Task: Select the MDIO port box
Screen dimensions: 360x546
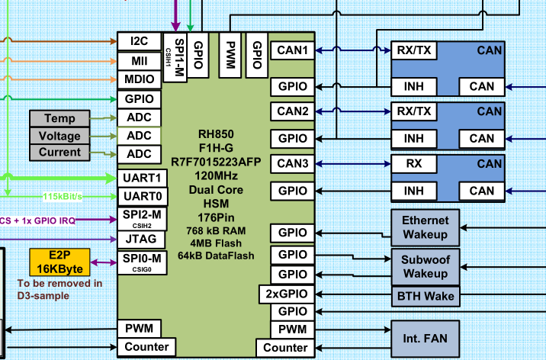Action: [x=138, y=79]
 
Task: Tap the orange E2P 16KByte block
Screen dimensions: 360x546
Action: [x=59, y=262]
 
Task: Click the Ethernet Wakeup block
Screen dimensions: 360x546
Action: [x=426, y=227]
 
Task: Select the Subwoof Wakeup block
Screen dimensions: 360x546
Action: [x=426, y=265]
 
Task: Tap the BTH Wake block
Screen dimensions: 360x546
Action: [x=426, y=296]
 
